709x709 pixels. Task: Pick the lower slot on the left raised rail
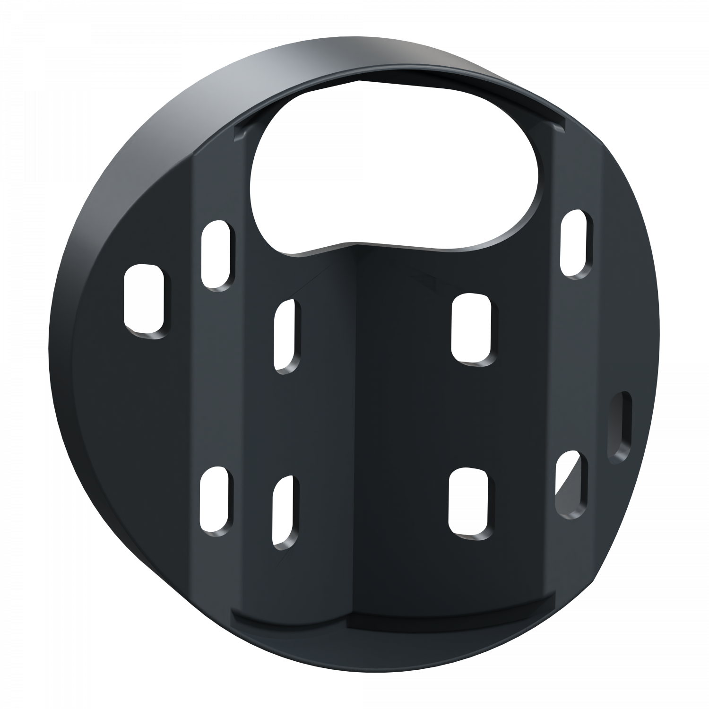pyautogui.click(x=217, y=501)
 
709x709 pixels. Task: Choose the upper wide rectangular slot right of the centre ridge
pyautogui.click(x=475, y=328)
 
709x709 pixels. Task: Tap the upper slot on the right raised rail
pyautogui.click(x=576, y=244)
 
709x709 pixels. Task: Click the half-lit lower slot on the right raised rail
pyautogui.click(x=571, y=482)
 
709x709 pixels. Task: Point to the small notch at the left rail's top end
pyautogui.click(x=241, y=132)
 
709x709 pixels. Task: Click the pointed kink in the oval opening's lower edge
pyautogui.click(x=352, y=244)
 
